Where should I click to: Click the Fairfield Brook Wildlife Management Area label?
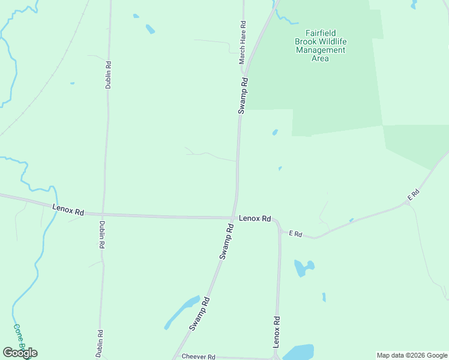pos(320,46)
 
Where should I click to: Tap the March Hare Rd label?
pos(243,43)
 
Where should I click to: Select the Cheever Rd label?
pos(198,356)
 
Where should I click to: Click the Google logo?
pos(20,352)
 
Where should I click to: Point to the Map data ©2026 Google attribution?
pos(412,355)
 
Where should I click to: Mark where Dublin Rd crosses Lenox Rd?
pos(103,214)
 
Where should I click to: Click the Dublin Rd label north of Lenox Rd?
pos(109,74)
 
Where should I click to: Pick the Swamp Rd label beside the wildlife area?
pos(243,95)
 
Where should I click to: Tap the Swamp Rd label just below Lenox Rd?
pos(226,241)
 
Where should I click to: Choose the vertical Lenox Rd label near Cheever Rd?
pos(277,332)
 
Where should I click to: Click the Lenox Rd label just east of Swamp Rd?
pos(255,218)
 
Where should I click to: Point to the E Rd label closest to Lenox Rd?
pos(294,233)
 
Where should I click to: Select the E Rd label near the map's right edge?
pos(412,194)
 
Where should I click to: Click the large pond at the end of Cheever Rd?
pos(298,352)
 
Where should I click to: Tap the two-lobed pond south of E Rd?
pos(304,267)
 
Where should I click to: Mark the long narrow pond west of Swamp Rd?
pos(181,312)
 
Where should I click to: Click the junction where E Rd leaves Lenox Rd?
pos(279,230)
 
